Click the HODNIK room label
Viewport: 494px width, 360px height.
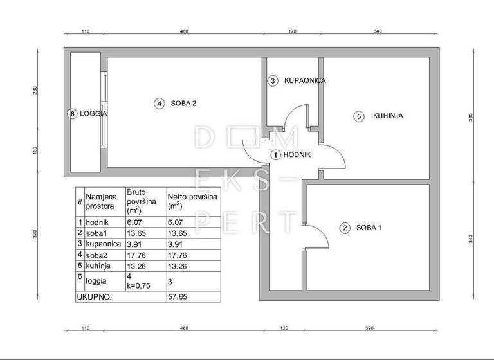pos(298,155)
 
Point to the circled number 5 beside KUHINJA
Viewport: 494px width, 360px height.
pos(359,116)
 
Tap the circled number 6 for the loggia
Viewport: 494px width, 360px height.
pos(73,114)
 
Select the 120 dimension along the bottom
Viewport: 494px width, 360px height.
pos(283,328)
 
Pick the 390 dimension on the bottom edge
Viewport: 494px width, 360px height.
pos(369,328)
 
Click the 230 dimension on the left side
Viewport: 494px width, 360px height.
pos(36,90)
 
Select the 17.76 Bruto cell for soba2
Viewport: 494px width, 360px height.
pos(136,254)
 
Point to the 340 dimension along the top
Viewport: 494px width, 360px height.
pos(378,30)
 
